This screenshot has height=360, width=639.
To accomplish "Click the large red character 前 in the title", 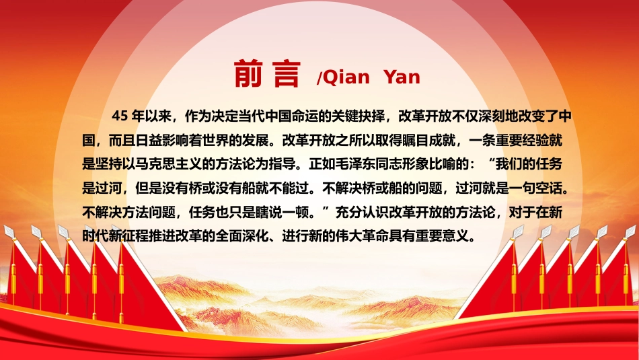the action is [248, 73].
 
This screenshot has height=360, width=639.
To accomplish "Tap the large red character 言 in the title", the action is [287, 73].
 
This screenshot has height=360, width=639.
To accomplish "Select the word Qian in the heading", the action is [346, 77].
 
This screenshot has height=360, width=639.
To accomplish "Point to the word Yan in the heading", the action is [402, 77].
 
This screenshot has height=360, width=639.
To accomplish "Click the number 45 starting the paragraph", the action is [120, 116].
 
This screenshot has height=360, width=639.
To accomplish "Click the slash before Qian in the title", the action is [319, 77].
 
